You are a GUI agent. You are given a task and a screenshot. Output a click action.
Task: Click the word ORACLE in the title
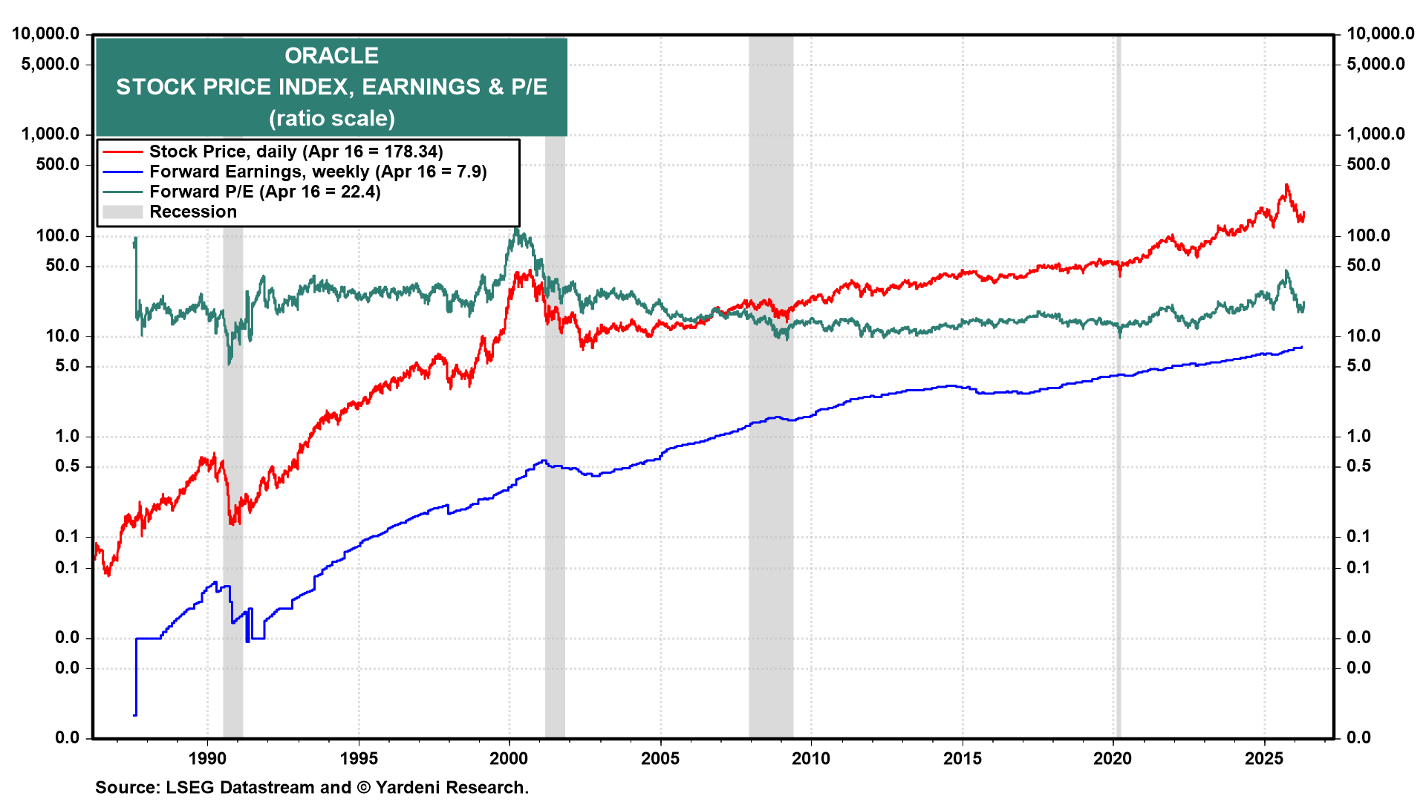click(331, 56)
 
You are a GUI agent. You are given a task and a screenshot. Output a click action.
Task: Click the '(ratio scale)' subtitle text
click(331, 118)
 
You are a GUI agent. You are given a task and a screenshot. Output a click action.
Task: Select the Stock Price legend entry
click(296, 151)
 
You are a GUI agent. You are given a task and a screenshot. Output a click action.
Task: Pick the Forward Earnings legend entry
click(317, 172)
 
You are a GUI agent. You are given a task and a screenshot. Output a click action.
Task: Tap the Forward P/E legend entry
click(264, 192)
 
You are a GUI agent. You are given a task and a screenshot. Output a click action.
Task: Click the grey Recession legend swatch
click(123, 212)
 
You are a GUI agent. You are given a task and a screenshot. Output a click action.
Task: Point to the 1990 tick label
click(207, 758)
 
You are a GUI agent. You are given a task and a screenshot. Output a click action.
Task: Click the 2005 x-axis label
click(660, 758)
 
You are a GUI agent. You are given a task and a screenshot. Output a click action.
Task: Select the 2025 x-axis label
click(1264, 758)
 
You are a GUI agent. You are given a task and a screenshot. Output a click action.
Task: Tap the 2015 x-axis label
click(963, 758)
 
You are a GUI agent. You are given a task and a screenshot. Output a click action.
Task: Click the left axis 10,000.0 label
click(46, 33)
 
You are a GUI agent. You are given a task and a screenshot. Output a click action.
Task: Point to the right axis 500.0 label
click(1368, 164)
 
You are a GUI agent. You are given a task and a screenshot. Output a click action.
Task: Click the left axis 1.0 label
click(68, 436)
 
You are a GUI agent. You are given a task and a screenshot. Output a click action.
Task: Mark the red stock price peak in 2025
click(1286, 185)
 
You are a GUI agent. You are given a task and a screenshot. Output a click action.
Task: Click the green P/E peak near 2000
click(516, 229)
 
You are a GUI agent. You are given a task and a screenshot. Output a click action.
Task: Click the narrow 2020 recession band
click(1118, 446)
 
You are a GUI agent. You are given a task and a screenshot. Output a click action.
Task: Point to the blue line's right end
click(1301, 347)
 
